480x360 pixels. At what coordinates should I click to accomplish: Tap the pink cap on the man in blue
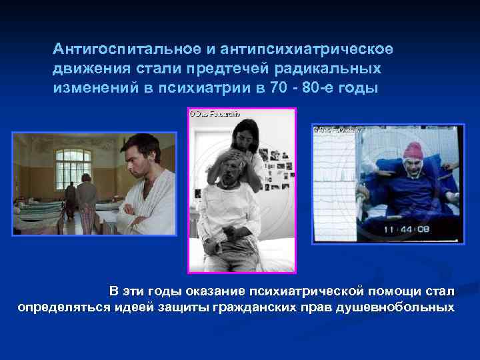pyautogui.click(x=413, y=149)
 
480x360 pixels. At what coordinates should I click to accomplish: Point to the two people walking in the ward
pyautogui.click(x=78, y=200)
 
